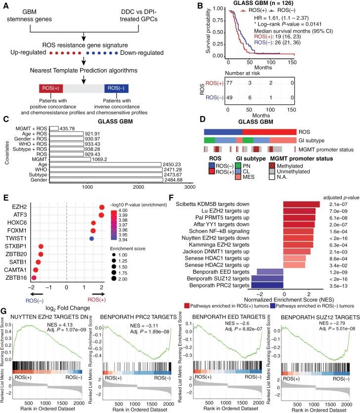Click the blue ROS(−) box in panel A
pos(117,89)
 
